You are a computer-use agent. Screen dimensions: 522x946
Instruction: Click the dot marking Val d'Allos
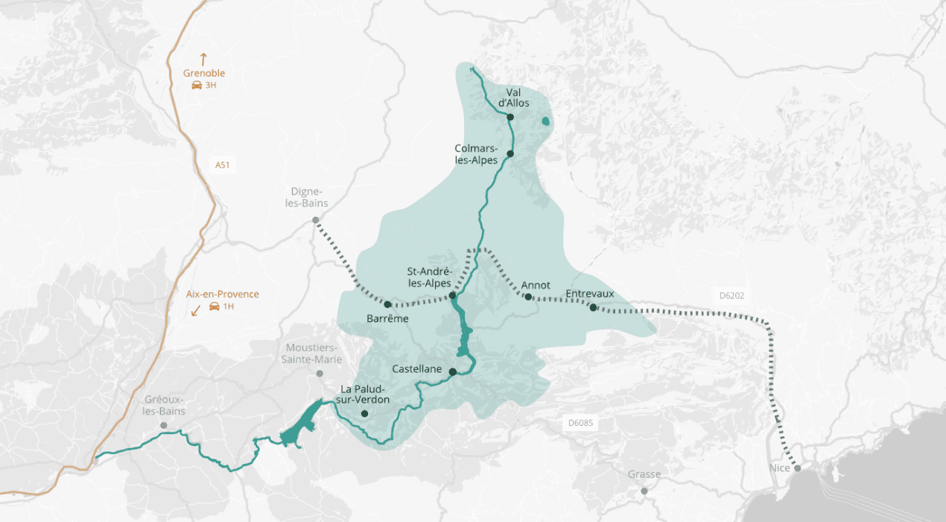pos(510,117)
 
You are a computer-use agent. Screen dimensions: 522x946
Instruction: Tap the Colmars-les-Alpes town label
pos(476,154)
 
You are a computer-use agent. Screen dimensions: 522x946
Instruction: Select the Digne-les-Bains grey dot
pos(316,220)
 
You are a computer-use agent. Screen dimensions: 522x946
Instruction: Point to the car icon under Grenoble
pos(196,86)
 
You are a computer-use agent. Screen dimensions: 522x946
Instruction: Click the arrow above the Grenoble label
pos(203,58)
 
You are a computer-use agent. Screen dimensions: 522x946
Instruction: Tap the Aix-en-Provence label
pos(223,295)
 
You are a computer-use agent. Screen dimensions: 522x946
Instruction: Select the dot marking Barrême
pos(387,304)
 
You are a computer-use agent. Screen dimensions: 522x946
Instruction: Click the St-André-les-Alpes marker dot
pos(452,296)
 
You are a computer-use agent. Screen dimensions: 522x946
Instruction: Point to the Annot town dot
pos(527,297)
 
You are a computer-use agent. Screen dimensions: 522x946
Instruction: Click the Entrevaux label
pos(590,294)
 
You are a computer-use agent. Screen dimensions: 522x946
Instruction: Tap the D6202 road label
pos(732,296)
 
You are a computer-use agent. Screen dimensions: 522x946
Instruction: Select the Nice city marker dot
pos(798,469)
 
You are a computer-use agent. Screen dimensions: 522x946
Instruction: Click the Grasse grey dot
pos(644,491)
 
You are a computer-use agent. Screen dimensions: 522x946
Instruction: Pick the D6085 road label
pos(580,423)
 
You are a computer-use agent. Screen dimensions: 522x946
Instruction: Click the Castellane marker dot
pos(452,371)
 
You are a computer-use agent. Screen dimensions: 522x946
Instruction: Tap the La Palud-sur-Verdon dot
pos(364,413)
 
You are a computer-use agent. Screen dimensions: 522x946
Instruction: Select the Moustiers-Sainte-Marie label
pos(311,353)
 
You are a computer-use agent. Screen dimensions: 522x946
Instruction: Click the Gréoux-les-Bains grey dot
pos(163,425)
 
